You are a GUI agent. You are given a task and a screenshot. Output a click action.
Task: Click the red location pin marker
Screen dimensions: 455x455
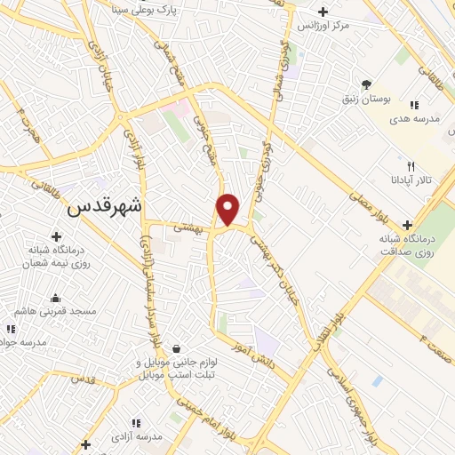pyautogui.click(x=228, y=210)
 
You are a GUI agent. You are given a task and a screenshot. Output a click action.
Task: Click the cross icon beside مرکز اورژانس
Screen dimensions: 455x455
pyautogui.click(x=323, y=12)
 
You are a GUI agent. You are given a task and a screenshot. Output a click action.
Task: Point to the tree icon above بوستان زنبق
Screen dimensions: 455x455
pyautogui.click(x=366, y=84)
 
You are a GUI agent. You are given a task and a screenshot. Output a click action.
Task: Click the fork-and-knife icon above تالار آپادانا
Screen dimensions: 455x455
pyautogui.click(x=411, y=165)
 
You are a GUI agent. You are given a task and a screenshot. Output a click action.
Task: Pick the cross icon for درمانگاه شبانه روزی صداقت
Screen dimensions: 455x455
pyautogui.click(x=408, y=224)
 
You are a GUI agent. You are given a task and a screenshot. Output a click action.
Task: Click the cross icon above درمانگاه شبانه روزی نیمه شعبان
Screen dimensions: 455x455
pyautogui.click(x=57, y=236)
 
